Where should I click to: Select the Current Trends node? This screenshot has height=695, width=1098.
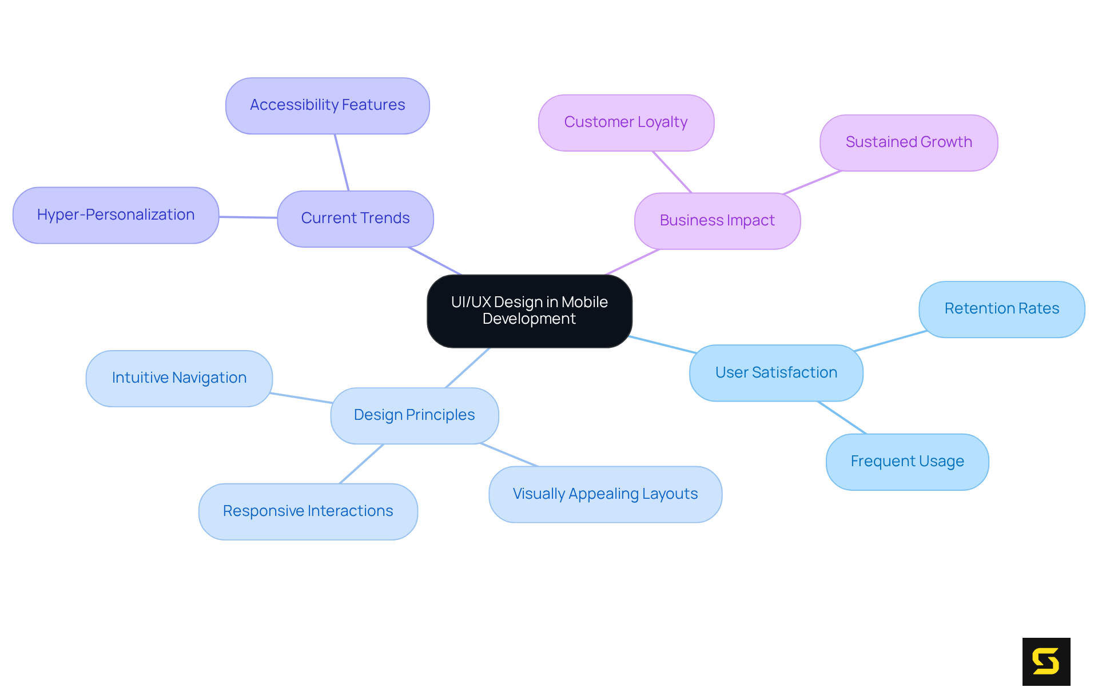click(355, 219)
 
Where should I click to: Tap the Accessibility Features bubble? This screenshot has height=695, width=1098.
click(327, 106)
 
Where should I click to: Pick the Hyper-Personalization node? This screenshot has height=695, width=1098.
click(116, 215)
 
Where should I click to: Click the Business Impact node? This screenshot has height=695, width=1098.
click(717, 221)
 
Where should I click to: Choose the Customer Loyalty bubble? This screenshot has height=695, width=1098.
click(626, 122)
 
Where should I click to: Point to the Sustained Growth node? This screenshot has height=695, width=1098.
click(909, 142)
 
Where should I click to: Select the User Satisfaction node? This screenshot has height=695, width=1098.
click(776, 373)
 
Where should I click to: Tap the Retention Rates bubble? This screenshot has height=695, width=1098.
click(1001, 309)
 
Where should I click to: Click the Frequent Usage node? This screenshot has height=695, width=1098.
click(907, 462)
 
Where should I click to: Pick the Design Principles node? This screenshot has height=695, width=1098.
click(414, 415)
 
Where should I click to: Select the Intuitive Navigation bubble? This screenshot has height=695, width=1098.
click(179, 378)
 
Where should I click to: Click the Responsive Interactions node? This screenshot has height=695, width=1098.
click(308, 511)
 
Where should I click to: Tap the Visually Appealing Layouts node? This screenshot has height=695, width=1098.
click(605, 494)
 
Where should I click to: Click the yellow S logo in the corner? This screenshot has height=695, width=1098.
click(1046, 661)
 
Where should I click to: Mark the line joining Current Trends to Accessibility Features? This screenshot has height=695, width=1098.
click(342, 163)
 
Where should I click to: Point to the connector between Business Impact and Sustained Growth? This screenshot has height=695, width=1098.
click(812, 182)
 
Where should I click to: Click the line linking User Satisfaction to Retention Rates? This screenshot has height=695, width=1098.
click(890, 341)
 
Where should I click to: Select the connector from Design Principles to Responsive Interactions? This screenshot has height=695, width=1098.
click(361, 464)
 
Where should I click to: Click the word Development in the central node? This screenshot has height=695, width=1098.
click(529, 319)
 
